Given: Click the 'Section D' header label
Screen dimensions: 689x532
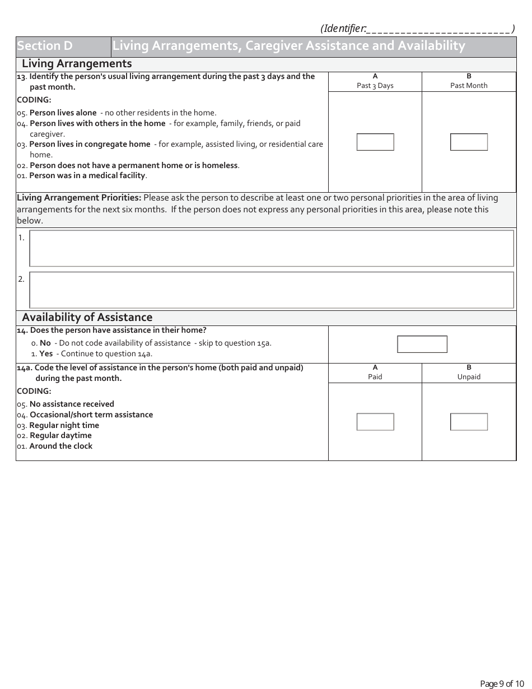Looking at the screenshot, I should [x=45, y=46].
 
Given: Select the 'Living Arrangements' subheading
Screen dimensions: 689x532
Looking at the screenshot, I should [x=77, y=63].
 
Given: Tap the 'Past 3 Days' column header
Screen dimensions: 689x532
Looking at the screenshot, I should [x=375, y=85].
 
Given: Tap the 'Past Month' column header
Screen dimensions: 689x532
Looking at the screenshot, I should [x=469, y=85].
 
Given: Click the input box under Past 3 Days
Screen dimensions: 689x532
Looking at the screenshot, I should [x=375, y=142].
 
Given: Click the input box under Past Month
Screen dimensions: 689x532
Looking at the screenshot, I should [x=469, y=142].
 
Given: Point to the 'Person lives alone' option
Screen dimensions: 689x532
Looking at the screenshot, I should [x=63, y=113].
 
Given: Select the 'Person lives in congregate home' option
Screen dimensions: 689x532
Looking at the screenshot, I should [x=90, y=144].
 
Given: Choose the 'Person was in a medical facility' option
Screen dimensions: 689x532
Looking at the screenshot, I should [x=87, y=175].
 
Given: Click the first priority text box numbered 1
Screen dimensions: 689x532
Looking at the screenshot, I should [x=271, y=248].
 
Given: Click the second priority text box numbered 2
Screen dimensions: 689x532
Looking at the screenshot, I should [x=271, y=290].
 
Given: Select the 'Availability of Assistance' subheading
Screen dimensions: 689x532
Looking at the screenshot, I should [x=87, y=318].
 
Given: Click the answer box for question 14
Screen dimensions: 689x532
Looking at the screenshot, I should [x=422, y=344].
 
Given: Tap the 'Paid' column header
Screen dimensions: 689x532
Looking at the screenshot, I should [x=375, y=376].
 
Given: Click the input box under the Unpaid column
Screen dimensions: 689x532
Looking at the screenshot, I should [x=469, y=422].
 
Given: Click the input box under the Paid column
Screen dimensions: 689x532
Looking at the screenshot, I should [x=375, y=422].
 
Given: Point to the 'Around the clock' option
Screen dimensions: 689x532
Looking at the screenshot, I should [x=60, y=446].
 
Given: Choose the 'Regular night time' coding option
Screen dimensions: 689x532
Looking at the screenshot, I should [x=64, y=425].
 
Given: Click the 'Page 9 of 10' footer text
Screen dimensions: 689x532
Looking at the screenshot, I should [x=502, y=683].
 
